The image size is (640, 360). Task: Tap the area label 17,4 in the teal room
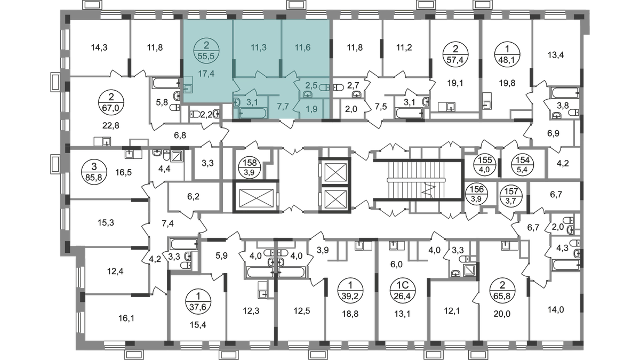pos(206,74)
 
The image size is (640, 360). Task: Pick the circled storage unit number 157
pos(511,195)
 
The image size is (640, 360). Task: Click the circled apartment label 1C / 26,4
pos(403,290)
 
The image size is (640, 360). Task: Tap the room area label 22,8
pos(110,125)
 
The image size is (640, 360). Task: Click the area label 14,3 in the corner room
pos(99,47)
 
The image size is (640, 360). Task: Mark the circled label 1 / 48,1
pos(507,54)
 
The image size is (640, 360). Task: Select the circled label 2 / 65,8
pos(502,290)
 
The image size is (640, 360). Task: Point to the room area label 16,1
pos(126,318)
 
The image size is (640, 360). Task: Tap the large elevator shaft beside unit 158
pos(256,197)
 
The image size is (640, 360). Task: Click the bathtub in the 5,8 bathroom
pos(166,83)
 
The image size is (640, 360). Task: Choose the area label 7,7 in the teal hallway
pos(283,107)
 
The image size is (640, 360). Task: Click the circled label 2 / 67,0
pos(111,103)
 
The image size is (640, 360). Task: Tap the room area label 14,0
pos(556,309)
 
